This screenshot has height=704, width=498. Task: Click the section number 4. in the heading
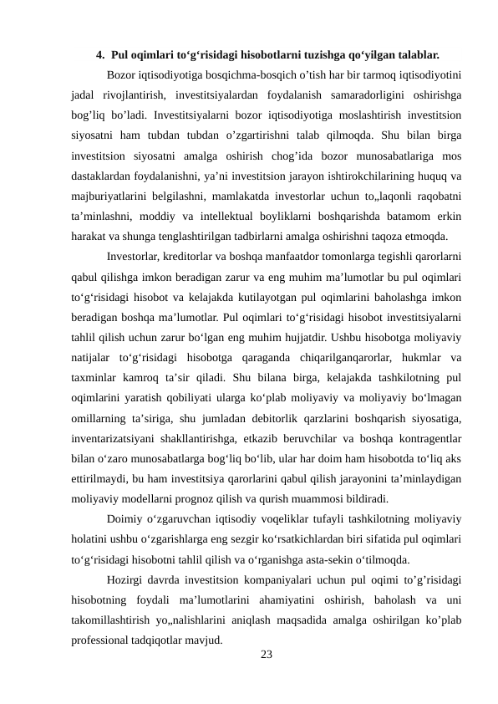point(100,56)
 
